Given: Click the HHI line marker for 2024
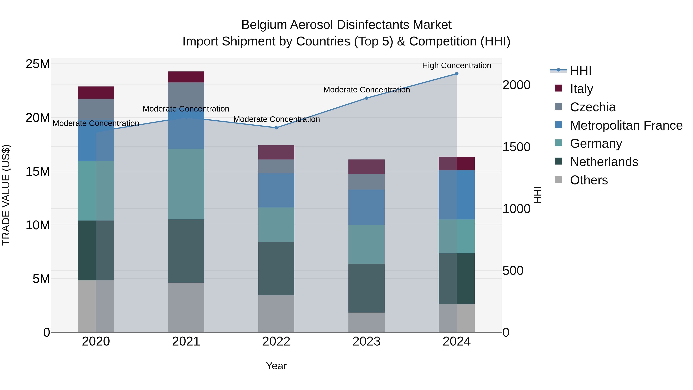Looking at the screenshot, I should pyautogui.click(x=457, y=74).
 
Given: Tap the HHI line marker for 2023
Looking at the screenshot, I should pyautogui.click(x=366, y=98).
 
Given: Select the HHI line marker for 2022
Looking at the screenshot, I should pyautogui.click(x=276, y=128).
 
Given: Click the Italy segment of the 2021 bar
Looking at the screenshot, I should pyautogui.click(x=186, y=77).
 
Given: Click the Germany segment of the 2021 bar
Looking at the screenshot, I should pyautogui.click(x=186, y=184).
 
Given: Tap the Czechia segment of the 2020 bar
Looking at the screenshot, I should pyautogui.click(x=96, y=109).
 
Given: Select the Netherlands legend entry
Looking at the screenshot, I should pyautogui.click(x=604, y=162).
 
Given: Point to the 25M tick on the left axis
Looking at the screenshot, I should pyautogui.click(x=38, y=64).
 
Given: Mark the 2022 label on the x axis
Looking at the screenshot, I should pyautogui.click(x=276, y=341).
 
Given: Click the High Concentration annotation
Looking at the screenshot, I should pyautogui.click(x=457, y=65).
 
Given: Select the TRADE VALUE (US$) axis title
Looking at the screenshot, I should pyautogui.click(x=6, y=195).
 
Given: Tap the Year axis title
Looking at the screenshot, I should pyautogui.click(x=276, y=366).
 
